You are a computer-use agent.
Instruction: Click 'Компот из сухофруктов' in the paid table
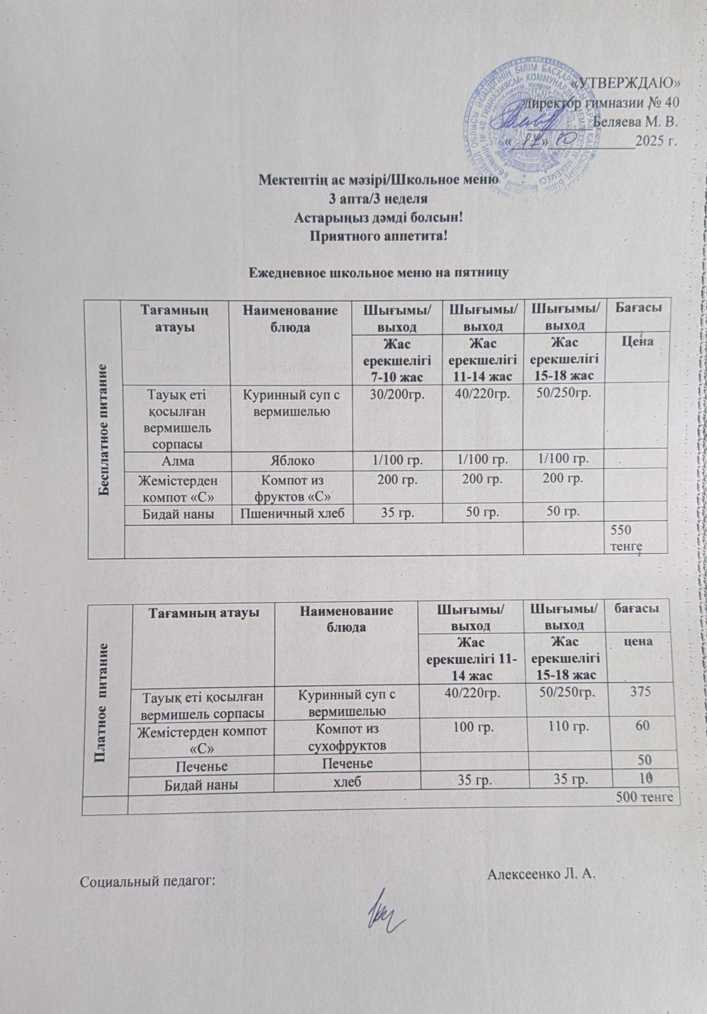tap(347, 736)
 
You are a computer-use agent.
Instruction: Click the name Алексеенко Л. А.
tap(543, 875)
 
